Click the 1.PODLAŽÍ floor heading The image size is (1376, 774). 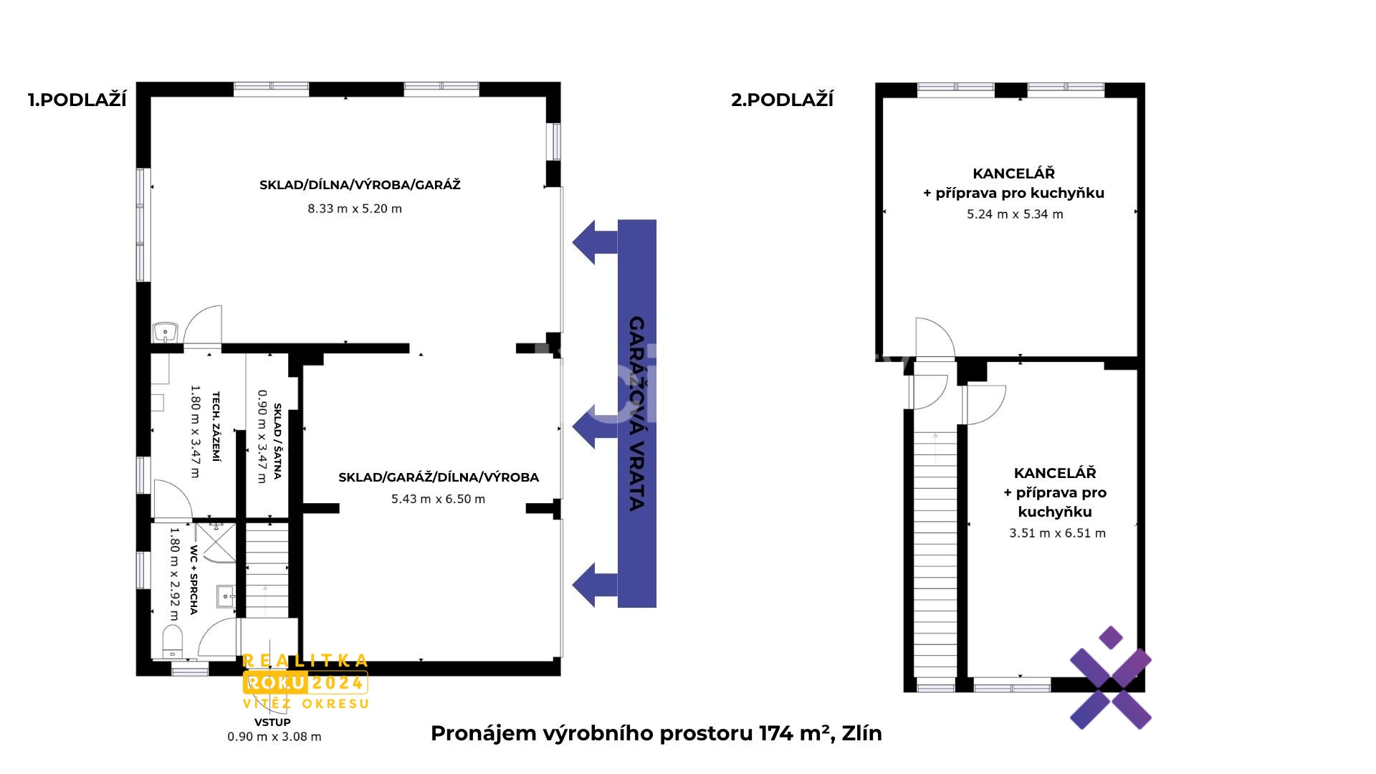pyautogui.click(x=77, y=100)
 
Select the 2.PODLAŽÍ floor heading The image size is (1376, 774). pyautogui.click(x=782, y=100)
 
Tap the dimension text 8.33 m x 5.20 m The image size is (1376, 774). pyautogui.click(x=355, y=209)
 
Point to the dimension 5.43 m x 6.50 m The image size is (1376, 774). pyautogui.click(x=438, y=499)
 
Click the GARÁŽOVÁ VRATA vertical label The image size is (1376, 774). pyautogui.click(x=636, y=414)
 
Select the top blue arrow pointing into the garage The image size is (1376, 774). pyautogui.click(x=594, y=242)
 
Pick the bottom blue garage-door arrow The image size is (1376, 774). pyautogui.click(x=594, y=585)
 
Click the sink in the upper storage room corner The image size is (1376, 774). pyautogui.click(x=166, y=333)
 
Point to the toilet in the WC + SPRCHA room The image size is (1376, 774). pyautogui.click(x=173, y=640)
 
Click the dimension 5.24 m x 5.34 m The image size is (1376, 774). pyautogui.click(x=1015, y=214)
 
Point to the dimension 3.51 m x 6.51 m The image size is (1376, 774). pyautogui.click(x=1057, y=533)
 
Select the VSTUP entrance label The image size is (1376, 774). pyautogui.click(x=272, y=722)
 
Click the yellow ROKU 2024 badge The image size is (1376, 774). pyautogui.click(x=306, y=682)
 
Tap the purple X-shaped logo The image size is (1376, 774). pyautogui.click(x=1110, y=678)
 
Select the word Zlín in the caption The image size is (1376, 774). pyautogui.click(x=862, y=733)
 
